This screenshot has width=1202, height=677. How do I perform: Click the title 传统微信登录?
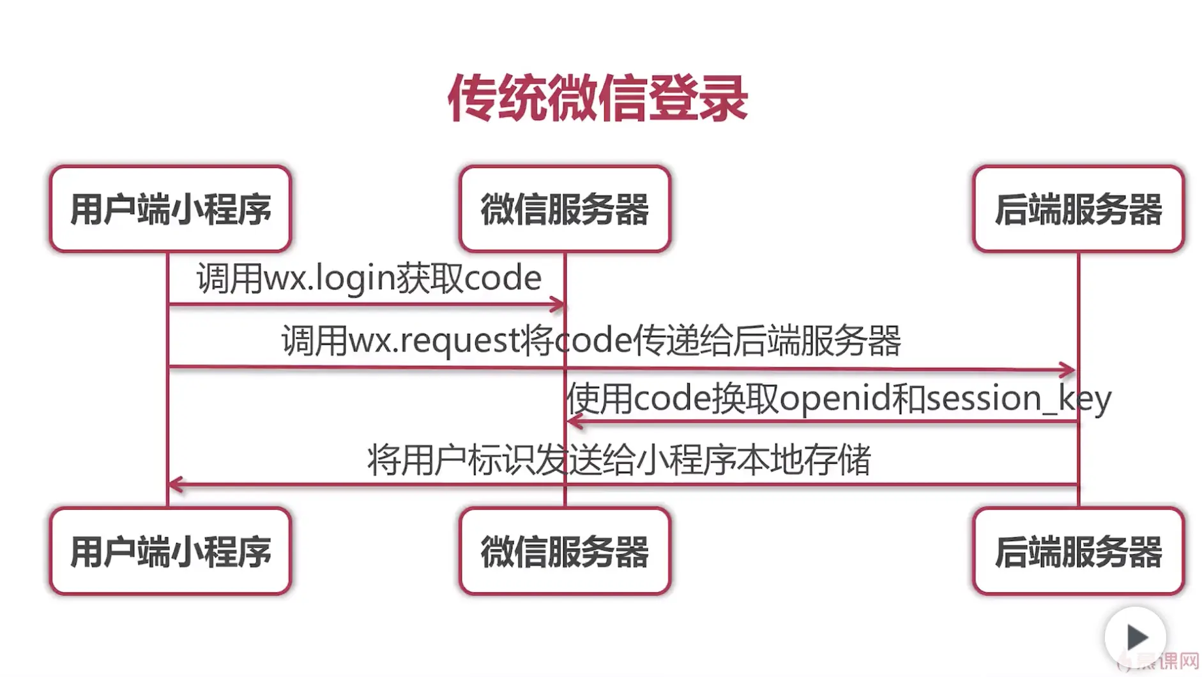[598, 98]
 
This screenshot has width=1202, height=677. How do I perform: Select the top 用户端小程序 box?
[171, 209]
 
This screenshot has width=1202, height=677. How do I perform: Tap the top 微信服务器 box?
[565, 209]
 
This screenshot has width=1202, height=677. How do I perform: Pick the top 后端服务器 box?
[1078, 209]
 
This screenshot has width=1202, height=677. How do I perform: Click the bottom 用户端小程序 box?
[171, 551]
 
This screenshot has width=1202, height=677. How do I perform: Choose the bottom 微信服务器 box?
[565, 551]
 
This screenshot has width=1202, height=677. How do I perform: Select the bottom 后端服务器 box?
[1078, 551]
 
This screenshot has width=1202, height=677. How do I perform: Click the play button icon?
[1136, 637]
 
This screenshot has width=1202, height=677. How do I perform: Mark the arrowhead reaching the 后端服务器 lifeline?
[1067, 369]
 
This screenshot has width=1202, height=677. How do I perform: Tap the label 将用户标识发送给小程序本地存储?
[618, 460]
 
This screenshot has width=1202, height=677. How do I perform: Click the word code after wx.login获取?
[503, 278]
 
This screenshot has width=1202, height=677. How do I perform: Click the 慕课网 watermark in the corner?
[1170, 661]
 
